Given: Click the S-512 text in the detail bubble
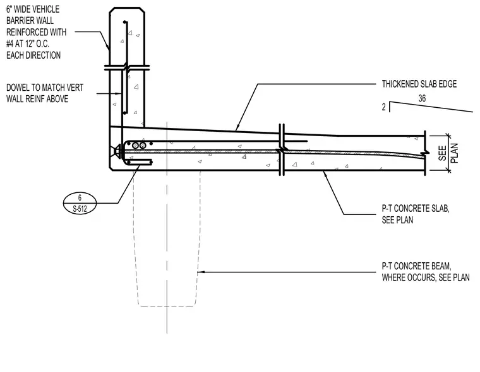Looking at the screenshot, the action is point(80,209).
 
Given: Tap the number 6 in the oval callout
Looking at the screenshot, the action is point(80,197).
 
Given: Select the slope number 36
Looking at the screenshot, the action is point(422,98).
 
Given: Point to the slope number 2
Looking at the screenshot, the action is point(383,107).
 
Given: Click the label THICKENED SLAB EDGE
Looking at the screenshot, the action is point(419,84).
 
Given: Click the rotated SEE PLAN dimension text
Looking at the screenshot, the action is point(448,153).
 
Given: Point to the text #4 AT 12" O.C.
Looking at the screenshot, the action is point(28,44).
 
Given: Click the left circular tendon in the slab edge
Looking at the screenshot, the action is point(135,146).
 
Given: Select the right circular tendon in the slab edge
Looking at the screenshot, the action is point(143,146).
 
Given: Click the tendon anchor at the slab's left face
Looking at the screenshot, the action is point(116,151).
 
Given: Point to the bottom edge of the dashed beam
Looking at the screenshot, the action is point(167,306).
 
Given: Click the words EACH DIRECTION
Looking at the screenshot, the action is point(33,55).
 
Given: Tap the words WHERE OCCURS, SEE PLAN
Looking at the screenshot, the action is point(426,277).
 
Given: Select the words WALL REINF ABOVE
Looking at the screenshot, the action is point(37,99).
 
